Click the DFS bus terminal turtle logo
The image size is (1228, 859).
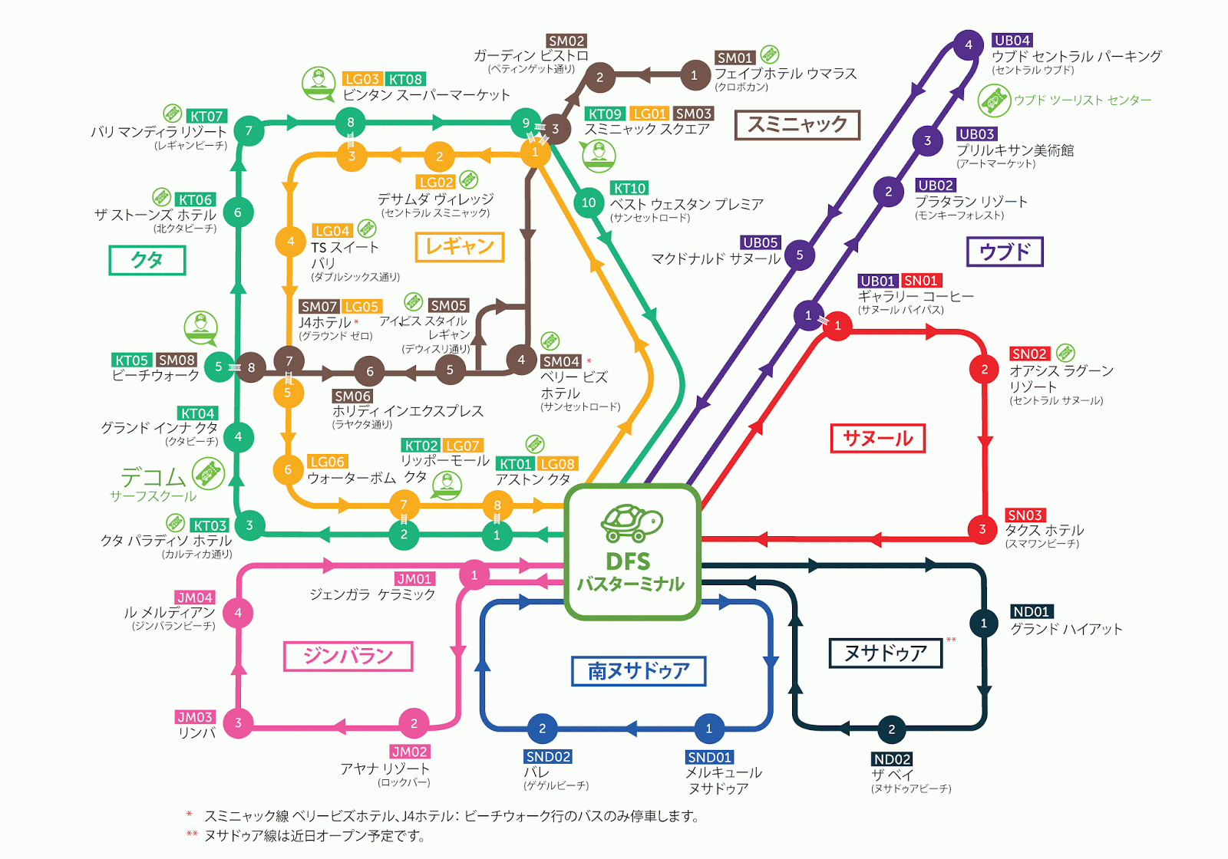pyautogui.click(x=631, y=523)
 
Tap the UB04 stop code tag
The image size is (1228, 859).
pyautogui.click(x=1012, y=41)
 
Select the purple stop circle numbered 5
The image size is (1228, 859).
pyautogui.click(x=799, y=255)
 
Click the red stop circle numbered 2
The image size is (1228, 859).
pyautogui.click(x=984, y=369)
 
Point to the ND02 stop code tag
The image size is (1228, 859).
pyautogui.click(x=892, y=759)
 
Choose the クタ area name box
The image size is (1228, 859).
pyautogui.click(x=147, y=260)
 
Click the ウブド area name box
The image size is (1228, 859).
pyautogui.click(x=1004, y=252)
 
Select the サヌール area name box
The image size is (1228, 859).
pyautogui.click(x=877, y=439)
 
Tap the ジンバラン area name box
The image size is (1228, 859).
pyautogui.click(x=348, y=657)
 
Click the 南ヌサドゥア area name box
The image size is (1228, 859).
pyautogui.click(x=639, y=671)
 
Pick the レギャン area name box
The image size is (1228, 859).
pyautogui.click(x=459, y=247)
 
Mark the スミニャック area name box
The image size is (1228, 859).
pyautogui.click(x=797, y=125)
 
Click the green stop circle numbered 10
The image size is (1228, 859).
pyautogui.click(x=589, y=202)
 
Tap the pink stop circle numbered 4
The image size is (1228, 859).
pyautogui.click(x=238, y=613)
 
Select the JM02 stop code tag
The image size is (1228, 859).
pyautogui.click(x=409, y=752)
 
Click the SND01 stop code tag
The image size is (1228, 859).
pyautogui.click(x=709, y=757)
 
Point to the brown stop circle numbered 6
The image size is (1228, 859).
pyautogui.click(x=369, y=371)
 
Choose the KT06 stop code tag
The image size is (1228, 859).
pyautogui.click(x=195, y=199)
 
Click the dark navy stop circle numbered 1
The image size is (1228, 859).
pyautogui.click(x=983, y=624)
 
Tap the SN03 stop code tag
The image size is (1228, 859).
pyautogui.click(x=1025, y=515)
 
